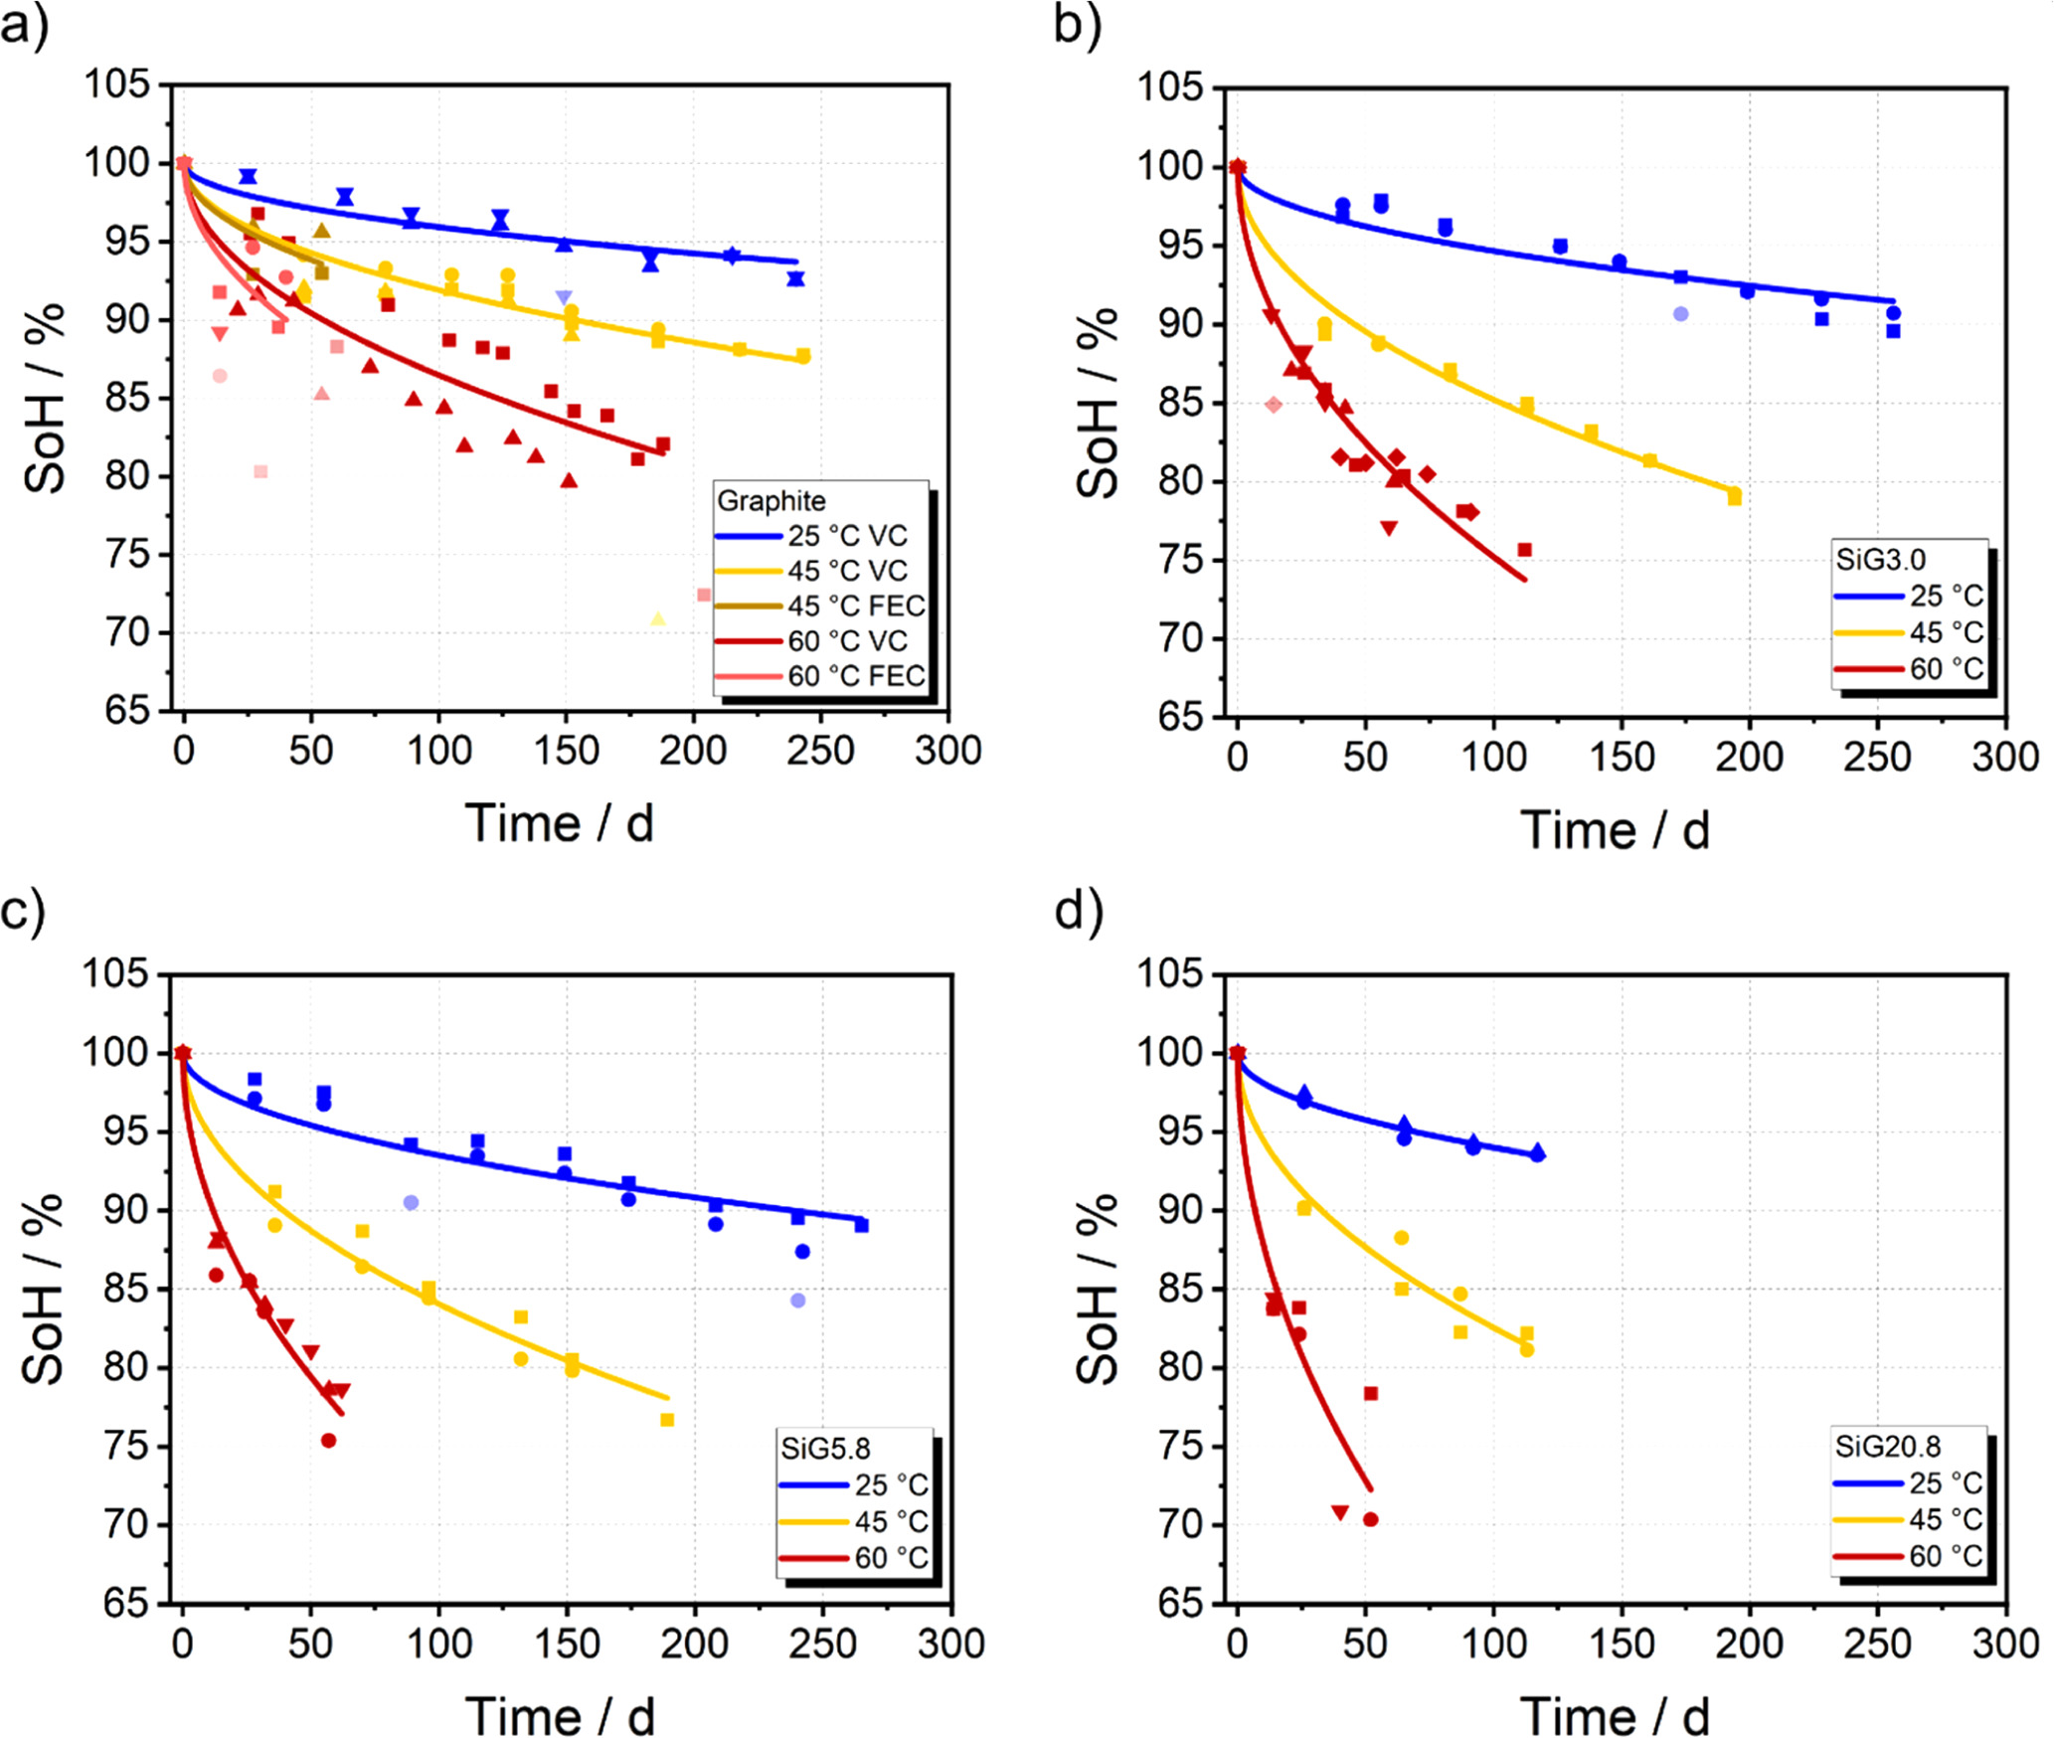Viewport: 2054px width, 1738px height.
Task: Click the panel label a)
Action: (x=24, y=26)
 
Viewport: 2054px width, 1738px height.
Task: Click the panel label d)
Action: (x=1079, y=910)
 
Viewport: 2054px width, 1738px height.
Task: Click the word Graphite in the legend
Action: (x=770, y=501)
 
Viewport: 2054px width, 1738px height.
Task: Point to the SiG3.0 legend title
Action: (x=1880, y=560)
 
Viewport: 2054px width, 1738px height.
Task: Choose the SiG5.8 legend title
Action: (x=825, y=1449)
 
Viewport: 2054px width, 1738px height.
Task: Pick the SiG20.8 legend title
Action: (x=1887, y=1447)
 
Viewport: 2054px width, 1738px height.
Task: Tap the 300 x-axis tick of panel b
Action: (x=2004, y=758)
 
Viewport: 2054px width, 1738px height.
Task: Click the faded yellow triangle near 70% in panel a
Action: (x=657, y=619)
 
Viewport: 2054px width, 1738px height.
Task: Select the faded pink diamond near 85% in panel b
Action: (x=1274, y=405)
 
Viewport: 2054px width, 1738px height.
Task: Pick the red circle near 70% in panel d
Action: (x=1370, y=1519)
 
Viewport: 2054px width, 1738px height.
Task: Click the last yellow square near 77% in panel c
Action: (x=667, y=1420)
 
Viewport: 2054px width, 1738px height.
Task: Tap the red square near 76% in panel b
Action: (x=1524, y=550)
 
